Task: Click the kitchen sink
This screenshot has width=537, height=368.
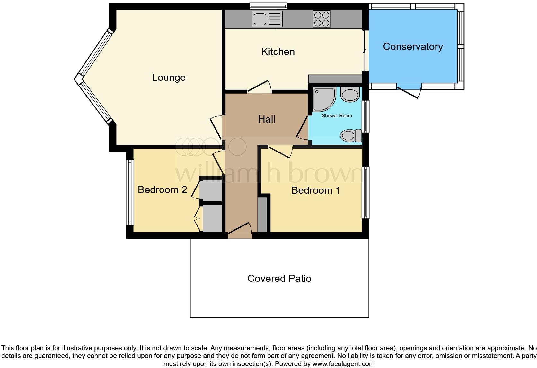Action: point(267,19)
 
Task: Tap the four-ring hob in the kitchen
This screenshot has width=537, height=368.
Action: point(321,19)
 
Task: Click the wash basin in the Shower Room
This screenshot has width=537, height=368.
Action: point(350,95)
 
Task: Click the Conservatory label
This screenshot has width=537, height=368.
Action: point(413,47)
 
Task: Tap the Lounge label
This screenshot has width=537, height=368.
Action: point(169,78)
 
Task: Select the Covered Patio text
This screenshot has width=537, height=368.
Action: point(279,278)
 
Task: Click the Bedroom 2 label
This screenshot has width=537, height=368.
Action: point(162,189)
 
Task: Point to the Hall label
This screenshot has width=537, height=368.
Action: point(267,119)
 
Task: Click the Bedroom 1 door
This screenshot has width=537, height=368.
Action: point(280,151)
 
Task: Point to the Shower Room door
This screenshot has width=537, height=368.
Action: point(302,129)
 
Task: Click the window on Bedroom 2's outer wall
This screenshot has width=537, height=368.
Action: point(130,192)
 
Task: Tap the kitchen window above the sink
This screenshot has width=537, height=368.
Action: point(268,6)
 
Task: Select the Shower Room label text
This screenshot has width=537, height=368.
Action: point(337,116)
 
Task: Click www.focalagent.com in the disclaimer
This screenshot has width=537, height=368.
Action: point(343,364)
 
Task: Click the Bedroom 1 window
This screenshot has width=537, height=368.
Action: point(365,192)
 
